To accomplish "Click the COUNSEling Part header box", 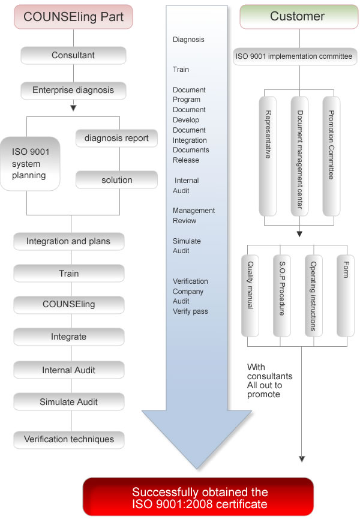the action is tap(73, 16).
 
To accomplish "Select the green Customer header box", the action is tap(299, 16).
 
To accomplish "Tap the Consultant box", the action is tap(73, 55).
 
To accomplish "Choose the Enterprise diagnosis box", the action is tap(73, 91).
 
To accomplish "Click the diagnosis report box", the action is tap(116, 138).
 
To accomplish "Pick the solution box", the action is tap(116, 180).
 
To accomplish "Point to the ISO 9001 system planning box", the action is tap(30, 164).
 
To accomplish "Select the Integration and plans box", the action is tap(68, 241).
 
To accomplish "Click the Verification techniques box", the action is tap(68, 439).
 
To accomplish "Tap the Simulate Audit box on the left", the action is tap(68, 402).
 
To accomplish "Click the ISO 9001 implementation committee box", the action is tap(295, 56).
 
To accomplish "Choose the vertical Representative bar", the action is tap(268, 156).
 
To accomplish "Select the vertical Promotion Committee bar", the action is tap(331, 156).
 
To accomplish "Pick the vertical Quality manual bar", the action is tap(250, 296).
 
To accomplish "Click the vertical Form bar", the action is tap(346, 296).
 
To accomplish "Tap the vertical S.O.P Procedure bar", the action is tap(282, 296).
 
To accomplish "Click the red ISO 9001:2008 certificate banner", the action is tap(198, 497).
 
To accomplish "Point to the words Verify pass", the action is tap(190, 311).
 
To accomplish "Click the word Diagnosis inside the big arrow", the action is tap(188, 40).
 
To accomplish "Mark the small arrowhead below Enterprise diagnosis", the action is tap(73, 108).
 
